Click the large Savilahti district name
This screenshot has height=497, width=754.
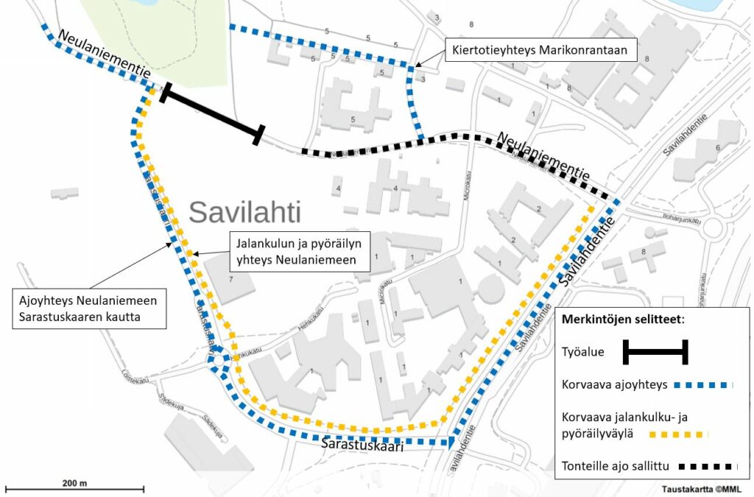tap(245, 213)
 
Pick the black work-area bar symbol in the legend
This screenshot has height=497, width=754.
tap(655, 352)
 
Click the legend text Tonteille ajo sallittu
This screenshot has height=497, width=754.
tap(605, 465)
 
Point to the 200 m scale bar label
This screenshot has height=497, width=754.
tap(74, 483)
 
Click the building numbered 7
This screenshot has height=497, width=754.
tap(229, 280)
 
